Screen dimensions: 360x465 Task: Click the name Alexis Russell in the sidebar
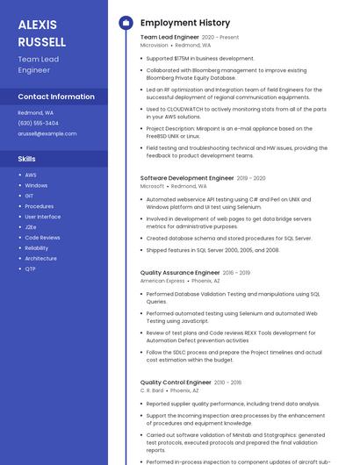tap(42, 33)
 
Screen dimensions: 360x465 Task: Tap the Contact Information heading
tap(56, 97)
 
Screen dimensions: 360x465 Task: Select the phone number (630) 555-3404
tap(39, 123)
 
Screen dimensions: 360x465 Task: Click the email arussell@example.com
tap(47, 133)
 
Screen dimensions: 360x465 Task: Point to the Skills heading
tap(27, 159)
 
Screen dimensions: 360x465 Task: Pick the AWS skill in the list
tap(31, 175)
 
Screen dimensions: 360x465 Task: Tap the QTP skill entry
tap(31, 269)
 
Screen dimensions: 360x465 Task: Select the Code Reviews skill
tap(42, 238)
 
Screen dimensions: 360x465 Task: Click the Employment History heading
tap(185, 23)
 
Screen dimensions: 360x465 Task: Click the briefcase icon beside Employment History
tap(126, 23)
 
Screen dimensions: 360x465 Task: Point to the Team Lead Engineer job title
tap(169, 38)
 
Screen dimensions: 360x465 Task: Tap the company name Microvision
tap(154, 45)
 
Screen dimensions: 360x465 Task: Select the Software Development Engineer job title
tap(187, 178)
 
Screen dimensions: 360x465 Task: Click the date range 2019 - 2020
tap(251, 178)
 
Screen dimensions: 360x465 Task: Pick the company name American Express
tap(162, 281)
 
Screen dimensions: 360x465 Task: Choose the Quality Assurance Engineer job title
tap(180, 273)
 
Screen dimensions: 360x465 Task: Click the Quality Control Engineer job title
tap(176, 383)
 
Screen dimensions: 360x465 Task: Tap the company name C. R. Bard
tap(152, 390)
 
